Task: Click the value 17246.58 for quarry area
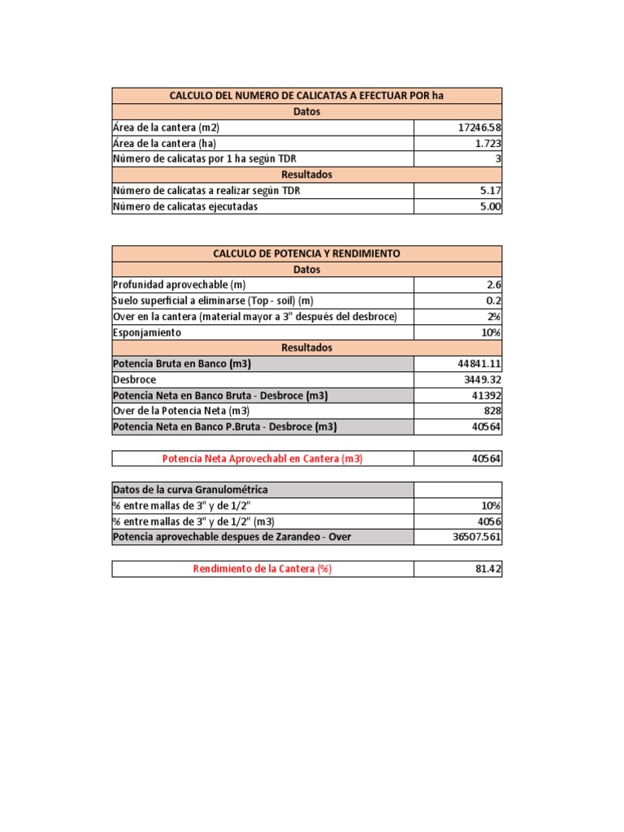click(x=480, y=128)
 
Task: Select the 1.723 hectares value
click(x=487, y=143)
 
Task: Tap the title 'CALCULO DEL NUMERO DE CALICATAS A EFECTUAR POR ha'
click(x=306, y=96)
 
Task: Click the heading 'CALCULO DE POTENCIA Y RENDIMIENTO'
click(x=306, y=253)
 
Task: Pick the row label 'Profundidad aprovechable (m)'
click(x=179, y=285)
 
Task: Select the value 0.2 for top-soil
click(x=494, y=301)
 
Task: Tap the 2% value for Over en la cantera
click(x=494, y=316)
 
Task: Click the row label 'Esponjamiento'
click(x=147, y=332)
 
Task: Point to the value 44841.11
click(x=480, y=363)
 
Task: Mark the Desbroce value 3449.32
click(x=483, y=379)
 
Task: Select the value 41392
click(x=486, y=395)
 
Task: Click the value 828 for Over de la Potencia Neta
click(x=492, y=410)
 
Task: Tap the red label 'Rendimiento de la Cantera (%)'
click(x=262, y=569)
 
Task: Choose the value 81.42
click(x=488, y=569)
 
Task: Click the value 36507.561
click(x=477, y=537)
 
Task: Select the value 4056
click(x=488, y=522)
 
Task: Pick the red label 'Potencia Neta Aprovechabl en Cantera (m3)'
click(x=262, y=458)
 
